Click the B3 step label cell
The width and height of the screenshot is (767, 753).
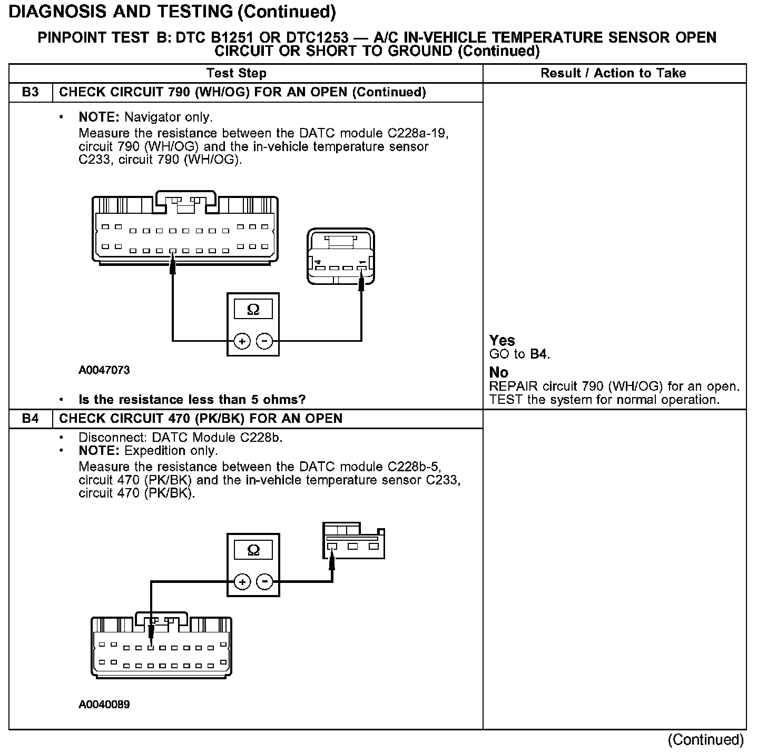tap(31, 93)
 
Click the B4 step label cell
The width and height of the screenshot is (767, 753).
tap(31, 419)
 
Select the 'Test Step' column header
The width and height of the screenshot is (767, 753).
tap(237, 73)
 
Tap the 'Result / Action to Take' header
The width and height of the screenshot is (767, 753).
tap(613, 73)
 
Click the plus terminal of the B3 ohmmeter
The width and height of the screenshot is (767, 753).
tap(242, 342)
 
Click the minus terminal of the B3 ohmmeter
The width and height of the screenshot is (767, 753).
tap(264, 342)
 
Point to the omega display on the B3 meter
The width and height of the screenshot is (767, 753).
tap(253, 310)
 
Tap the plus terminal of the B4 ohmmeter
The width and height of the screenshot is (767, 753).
tap(242, 582)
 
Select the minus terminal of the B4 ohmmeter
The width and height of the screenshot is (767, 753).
tap(264, 582)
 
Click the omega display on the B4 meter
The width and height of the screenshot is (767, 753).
tap(253, 550)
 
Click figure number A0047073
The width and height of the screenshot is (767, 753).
tap(104, 370)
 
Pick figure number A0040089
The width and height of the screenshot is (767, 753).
tap(104, 705)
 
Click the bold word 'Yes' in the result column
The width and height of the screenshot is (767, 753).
tap(502, 340)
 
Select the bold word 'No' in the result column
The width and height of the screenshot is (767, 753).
tap(498, 373)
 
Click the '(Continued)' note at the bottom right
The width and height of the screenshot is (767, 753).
tap(705, 740)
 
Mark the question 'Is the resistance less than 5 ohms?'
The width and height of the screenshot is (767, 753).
tap(192, 400)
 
